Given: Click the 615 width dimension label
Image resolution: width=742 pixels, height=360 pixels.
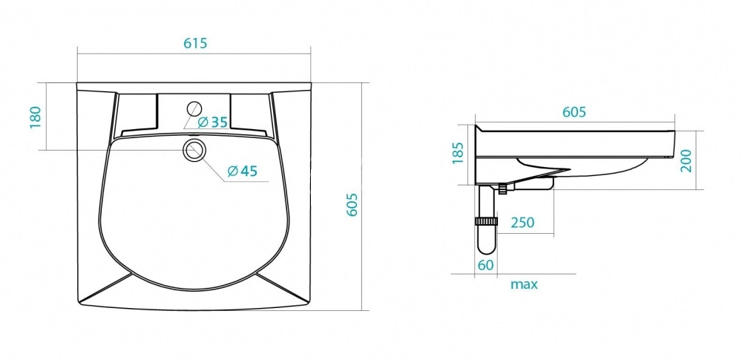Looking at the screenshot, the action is tap(195, 43).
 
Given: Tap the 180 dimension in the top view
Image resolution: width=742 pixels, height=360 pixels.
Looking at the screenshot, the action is tap(36, 117).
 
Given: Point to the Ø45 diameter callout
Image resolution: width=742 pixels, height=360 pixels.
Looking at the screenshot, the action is tap(243, 171).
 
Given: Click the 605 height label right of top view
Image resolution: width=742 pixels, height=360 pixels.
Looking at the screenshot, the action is tap(352, 205).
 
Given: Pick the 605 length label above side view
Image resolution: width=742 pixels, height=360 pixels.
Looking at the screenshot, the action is tap(574, 112).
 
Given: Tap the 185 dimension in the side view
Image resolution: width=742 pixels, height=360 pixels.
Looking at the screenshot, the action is tap(458, 152).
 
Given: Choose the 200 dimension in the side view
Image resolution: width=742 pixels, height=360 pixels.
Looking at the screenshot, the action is tap(686, 160).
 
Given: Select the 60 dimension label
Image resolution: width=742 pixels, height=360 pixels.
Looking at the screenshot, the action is tap(485, 265).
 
